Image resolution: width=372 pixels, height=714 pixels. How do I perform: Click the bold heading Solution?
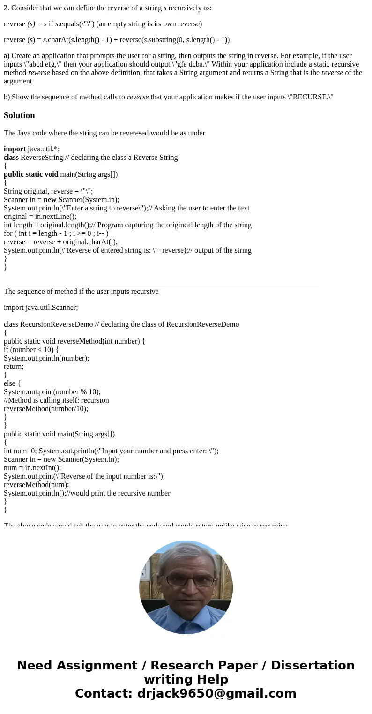pos(19,115)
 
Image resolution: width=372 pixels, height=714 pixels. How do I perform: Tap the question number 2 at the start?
pos(6,8)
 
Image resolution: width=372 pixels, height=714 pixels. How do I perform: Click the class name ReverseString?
pos(44,158)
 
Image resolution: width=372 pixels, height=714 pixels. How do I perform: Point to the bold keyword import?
pos(15,149)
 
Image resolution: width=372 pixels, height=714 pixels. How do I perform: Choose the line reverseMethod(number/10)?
pos(46,409)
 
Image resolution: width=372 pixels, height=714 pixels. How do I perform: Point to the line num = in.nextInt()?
pos(32,468)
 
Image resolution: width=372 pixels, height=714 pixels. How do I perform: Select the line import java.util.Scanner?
pos(41,308)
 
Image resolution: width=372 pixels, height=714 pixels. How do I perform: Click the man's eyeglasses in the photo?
pos(186,580)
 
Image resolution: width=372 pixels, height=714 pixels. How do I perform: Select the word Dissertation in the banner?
pos(312,666)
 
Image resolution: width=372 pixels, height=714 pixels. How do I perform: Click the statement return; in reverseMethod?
pos(14,367)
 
